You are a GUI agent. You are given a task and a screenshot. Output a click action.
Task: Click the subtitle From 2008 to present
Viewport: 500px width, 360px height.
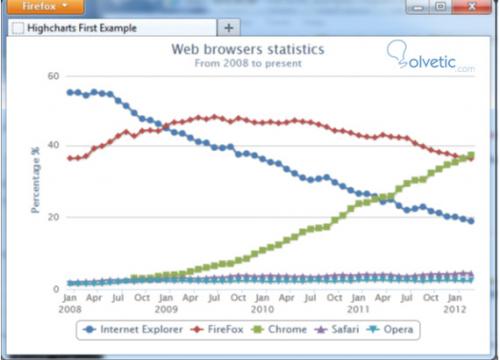[x=250, y=64]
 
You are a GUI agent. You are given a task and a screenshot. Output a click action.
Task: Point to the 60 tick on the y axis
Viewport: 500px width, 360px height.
[x=53, y=76]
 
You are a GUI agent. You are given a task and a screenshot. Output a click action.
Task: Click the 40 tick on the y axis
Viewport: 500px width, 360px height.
[x=53, y=147]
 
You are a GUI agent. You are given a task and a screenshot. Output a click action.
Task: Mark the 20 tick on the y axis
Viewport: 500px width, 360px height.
[x=53, y=217]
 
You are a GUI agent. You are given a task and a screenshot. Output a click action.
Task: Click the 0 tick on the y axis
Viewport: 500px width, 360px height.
[x=56, y=288]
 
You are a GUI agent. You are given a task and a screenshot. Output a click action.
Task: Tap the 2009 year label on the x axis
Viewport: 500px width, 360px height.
[x=167, y=309]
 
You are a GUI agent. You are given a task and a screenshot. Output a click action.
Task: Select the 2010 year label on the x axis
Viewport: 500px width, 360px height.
[x=262, y=309]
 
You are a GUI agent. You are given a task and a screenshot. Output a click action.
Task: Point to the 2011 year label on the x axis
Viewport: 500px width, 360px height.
[x=357, y=309]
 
